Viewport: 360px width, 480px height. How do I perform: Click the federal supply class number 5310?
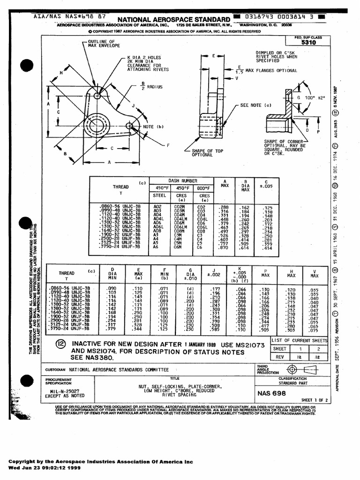pos(309,42)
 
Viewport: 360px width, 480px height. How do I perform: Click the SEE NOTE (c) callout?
pos(255,105)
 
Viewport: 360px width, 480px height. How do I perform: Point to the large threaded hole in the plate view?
pos(96,125)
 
